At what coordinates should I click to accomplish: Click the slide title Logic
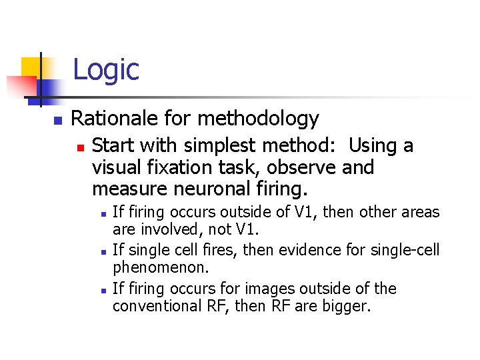click(x=105, y=69)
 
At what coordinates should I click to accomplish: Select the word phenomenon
click(x=161, y=268)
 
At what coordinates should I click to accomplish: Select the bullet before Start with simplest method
click(x=80, y=147)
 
